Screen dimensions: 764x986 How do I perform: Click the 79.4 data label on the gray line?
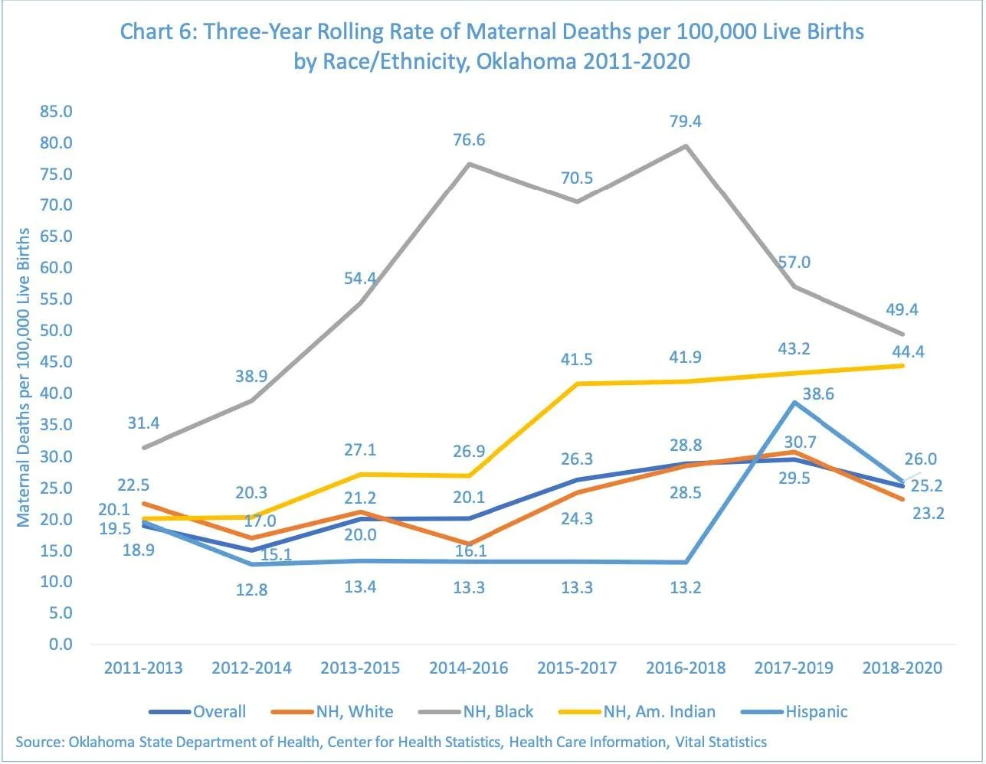685,122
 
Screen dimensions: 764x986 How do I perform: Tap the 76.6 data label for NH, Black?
468,140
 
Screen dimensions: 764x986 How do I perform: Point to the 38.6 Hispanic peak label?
818,394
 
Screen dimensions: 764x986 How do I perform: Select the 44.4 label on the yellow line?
909,351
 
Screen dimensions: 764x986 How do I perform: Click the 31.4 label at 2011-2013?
144,423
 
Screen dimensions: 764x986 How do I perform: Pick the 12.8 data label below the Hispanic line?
252,590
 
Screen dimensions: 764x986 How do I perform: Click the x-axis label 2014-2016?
468,668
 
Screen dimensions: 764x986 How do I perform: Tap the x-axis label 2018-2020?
902,668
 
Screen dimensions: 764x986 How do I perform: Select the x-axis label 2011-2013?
143,668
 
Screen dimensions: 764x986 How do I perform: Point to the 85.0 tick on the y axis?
55,112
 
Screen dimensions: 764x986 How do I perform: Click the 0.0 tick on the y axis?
61,645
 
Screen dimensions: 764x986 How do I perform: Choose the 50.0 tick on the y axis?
55,331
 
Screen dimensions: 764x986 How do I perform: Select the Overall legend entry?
219,712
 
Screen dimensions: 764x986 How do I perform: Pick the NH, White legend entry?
355,712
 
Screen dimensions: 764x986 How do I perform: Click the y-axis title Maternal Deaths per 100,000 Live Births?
24,377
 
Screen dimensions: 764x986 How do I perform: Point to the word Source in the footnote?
38,742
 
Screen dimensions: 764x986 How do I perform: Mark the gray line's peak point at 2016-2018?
685,145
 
